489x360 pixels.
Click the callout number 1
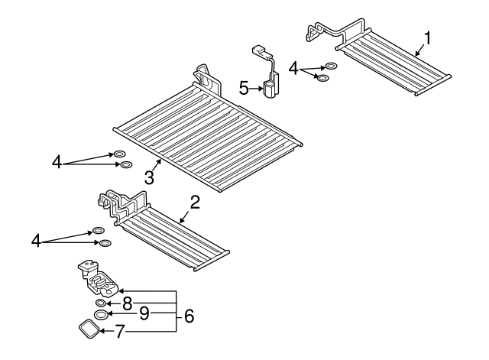[x=428, y=38]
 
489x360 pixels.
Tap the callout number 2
[x=195, y=202]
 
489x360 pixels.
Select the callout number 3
[x=150, y=178]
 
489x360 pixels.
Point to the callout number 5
[x=244, y=88]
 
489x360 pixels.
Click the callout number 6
[x=189, y=316]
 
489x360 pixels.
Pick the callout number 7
[x=120, y=331]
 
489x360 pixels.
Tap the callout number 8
[x=128, y=303]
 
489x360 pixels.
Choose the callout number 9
[x=144, y=313]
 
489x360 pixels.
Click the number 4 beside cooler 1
[x=293, y=69]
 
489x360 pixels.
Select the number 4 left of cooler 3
[x=57, y=163]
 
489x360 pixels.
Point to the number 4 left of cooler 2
[x=36, y=241]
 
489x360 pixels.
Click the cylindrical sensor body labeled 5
[x=270, y=89]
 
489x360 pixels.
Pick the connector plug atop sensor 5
[x=259, y=51]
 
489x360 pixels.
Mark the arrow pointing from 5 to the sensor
[x=257, y=89]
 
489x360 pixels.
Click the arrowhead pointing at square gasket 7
[x=102, y=331]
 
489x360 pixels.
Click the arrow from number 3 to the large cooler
[x=157, y=165]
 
